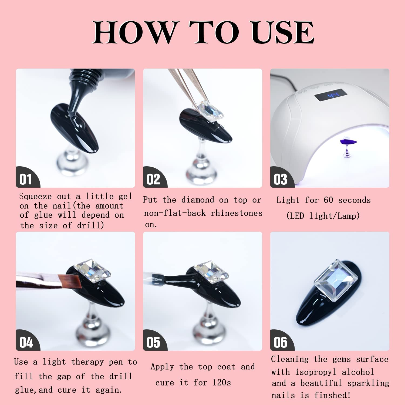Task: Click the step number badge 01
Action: click(26, 179)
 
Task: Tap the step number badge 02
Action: click(153, 179)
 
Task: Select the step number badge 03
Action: click(280, 179)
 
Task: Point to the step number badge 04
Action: click(26, 342)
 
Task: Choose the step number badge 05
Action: click(153, 342)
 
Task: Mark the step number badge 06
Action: click(280, 342)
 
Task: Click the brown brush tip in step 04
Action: click(70, 281)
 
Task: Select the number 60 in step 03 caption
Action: click(328, 200)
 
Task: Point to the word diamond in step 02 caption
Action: click(198, 200)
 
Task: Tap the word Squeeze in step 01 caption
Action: click(35, 196)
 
